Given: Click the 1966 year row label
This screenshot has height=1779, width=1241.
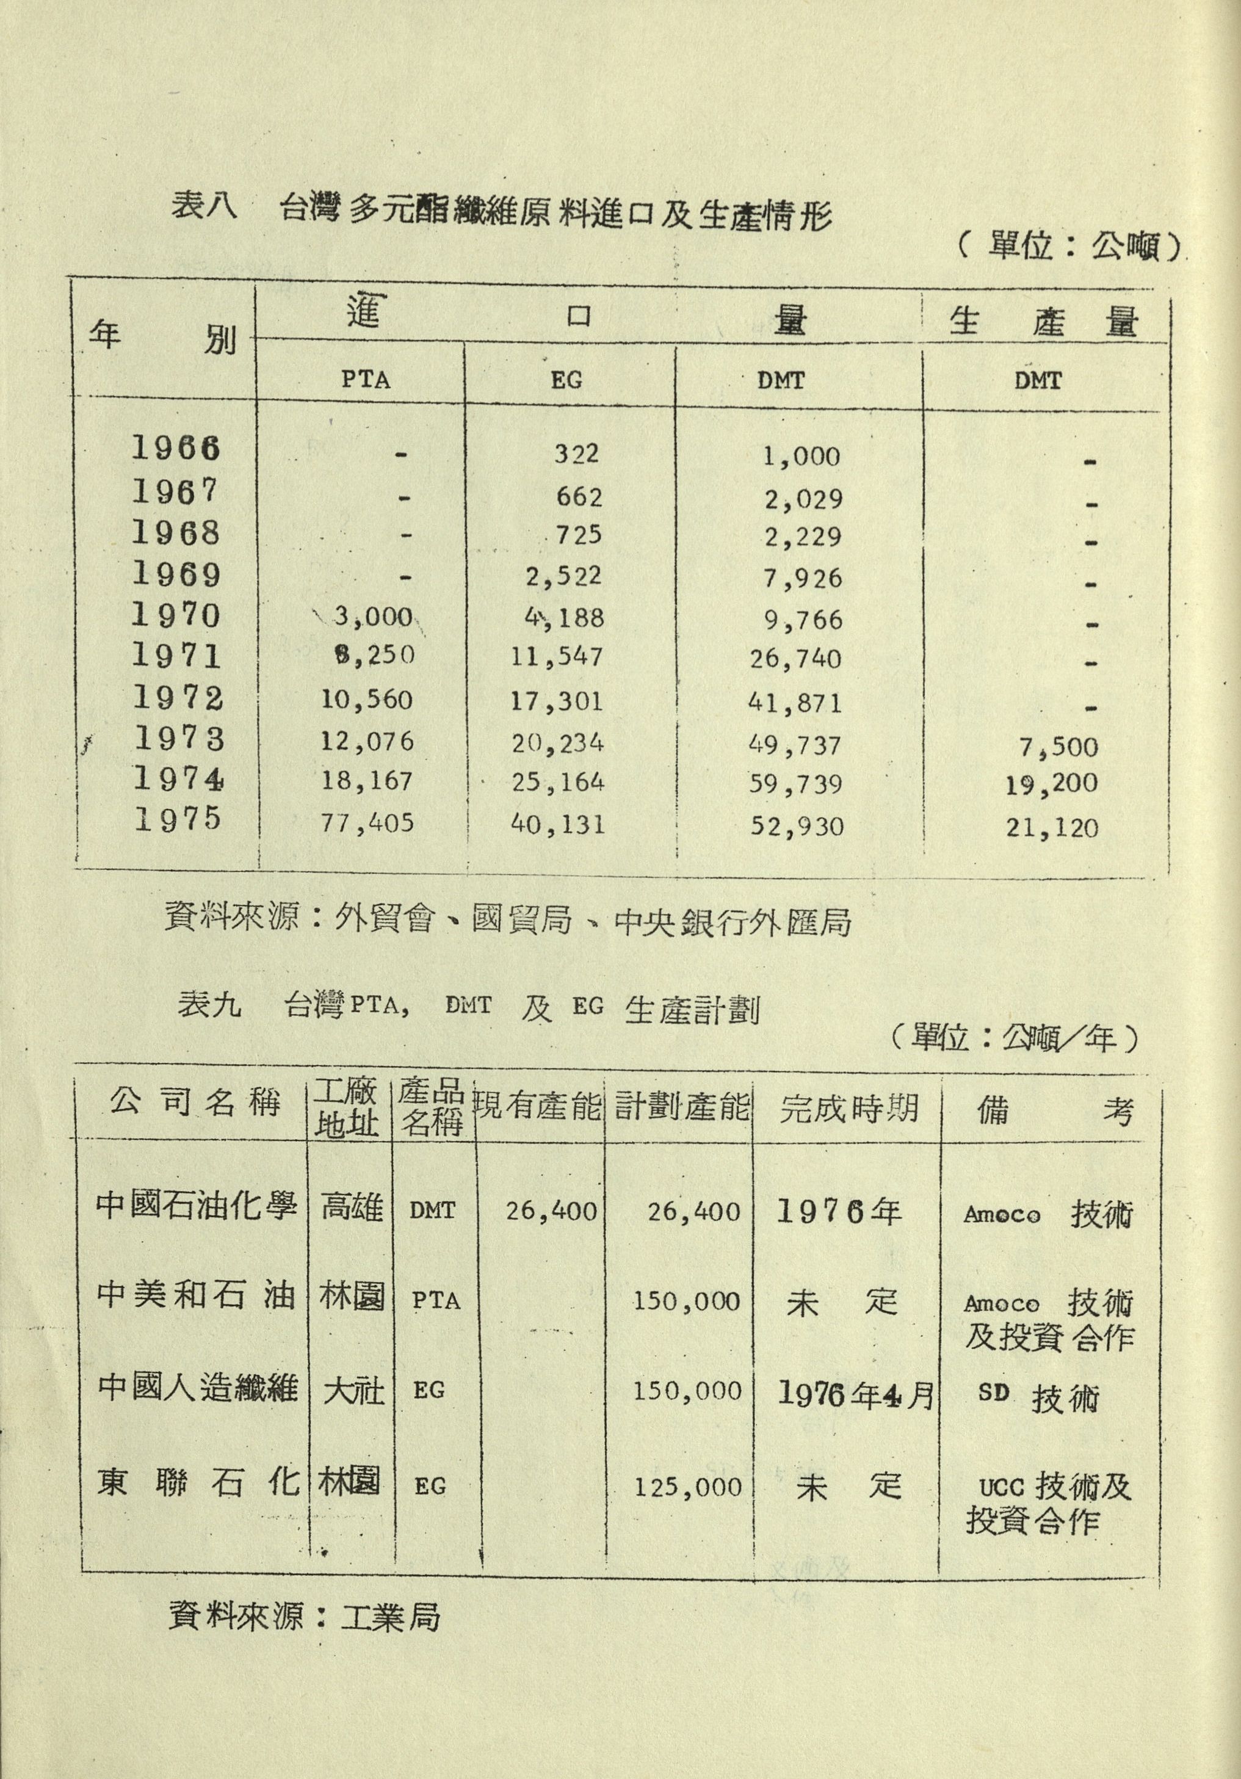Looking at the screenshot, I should click(x=176, y=449).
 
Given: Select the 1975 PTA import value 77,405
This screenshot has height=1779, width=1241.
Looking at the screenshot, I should click(x=367, y=822).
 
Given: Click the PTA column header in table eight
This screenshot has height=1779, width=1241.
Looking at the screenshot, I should click(x=366, y=380).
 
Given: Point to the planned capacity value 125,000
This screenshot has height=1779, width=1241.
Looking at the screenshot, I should click(x=687, y=1487).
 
